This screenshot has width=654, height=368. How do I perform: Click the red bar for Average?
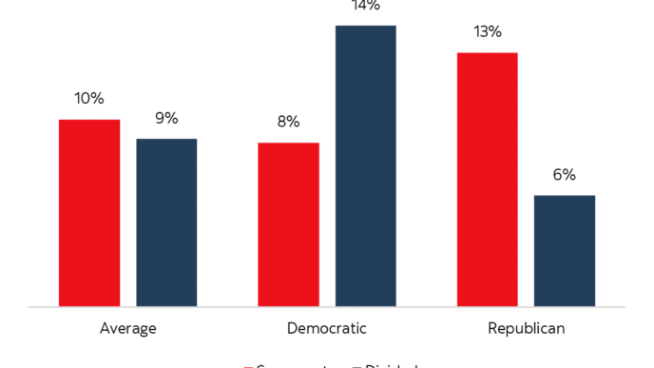click(89, 213)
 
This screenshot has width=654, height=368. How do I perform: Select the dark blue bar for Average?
click(166, 223)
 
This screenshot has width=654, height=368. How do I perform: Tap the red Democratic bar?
click(288, 224)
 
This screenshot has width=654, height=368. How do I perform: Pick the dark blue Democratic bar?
click(365, 165)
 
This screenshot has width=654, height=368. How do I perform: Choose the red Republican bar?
click(487, 179)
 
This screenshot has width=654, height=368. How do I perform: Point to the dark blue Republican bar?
click(565, 250)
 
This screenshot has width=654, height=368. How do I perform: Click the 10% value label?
click(89, 98)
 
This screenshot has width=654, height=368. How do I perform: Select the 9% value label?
click(166, 118)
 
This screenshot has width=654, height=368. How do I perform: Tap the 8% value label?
click(288, 122)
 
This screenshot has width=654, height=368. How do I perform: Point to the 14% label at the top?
click(365, 6)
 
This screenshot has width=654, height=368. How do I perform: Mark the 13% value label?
click(487, 31)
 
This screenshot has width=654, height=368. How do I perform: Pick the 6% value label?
click(565, 174)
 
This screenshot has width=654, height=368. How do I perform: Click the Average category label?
click(127, 329)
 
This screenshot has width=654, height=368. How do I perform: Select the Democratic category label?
click(326, 329)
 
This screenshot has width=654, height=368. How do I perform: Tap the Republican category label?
click(526, 329)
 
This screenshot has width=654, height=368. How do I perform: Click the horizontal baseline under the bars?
click(327, 307)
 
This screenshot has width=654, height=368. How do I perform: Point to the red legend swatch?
click(249, 365)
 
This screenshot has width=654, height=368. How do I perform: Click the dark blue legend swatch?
click(356, 365)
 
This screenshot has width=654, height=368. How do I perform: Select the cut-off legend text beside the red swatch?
click(295, 365)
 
